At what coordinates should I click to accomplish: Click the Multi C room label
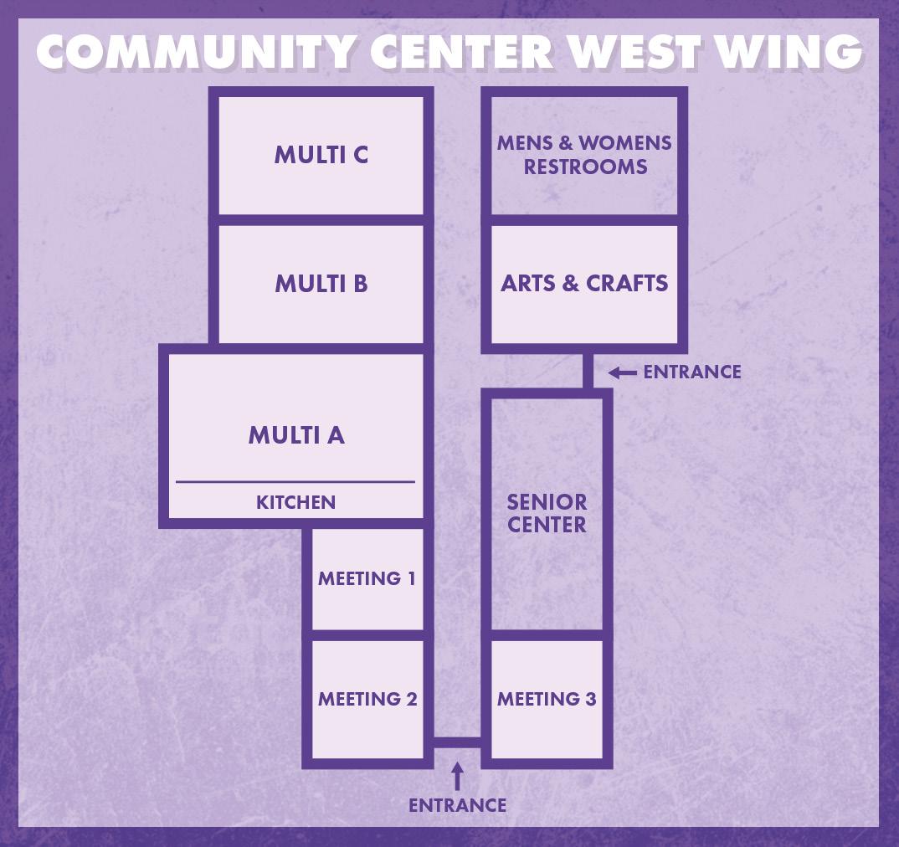pyautogui.click(x=321, y=155)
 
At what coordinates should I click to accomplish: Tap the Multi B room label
pyautogui.click(x=321, y=284)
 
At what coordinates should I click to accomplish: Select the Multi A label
pyautogui.click(x=296, y=435)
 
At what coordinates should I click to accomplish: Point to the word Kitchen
pyautogui.click(x=295, y=502)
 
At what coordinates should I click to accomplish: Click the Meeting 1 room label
pyautogui.click(x=367, y=578)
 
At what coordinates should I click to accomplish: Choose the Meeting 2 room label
pyautogui.click(x=367, y=699)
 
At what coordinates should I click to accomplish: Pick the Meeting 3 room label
pyautogui.click(x=547, y=699)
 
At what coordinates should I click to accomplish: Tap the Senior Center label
pyautogui.click(x=547, y=513)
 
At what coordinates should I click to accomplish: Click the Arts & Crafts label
pyautogui.click(x=584, y=284)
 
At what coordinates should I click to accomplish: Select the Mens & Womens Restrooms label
pyautogui.click(x=584, y=154)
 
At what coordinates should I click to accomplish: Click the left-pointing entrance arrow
pyautogui.click(x=622, y=372)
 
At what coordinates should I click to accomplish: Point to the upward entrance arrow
pyautogui.click(x=457, y=776)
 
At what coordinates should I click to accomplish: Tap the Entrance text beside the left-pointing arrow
pyautogui.click(x=692, y=372)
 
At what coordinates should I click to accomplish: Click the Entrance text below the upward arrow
pyautogui.click(x=457, y=805)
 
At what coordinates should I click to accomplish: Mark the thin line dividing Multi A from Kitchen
pyautogui.click(x=295, y=482)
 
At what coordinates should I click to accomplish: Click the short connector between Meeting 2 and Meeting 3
pyautogui.click(x=457, y=742)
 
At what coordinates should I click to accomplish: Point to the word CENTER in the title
pyautogui.click(x=461, y=52)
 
